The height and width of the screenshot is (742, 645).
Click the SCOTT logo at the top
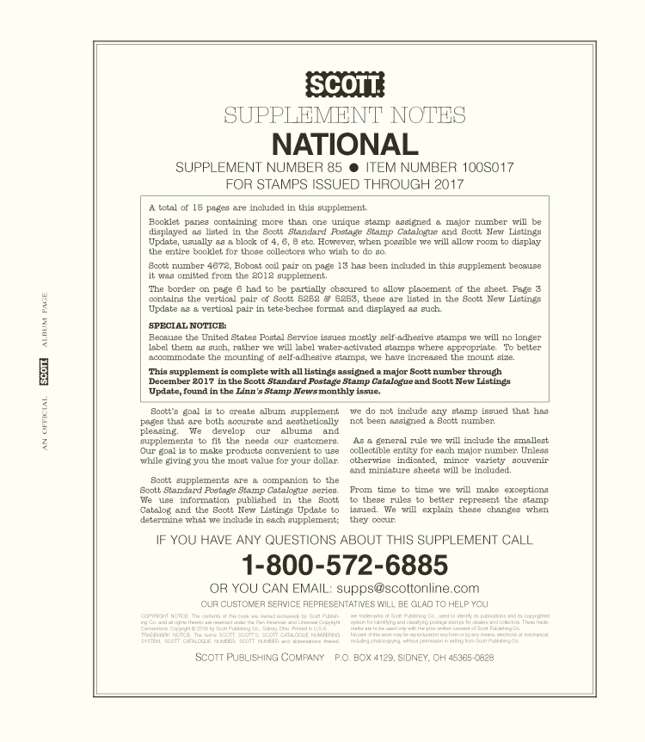tap(345, 85)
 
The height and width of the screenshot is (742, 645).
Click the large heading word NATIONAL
tap(345, 143)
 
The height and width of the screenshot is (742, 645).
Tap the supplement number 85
tap(332, 167)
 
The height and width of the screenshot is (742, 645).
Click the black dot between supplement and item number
tap(353, 167)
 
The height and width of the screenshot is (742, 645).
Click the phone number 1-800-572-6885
tap(345, 565)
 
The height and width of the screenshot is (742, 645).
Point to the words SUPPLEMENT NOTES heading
tap(345, 115)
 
